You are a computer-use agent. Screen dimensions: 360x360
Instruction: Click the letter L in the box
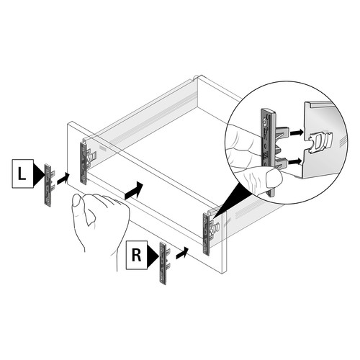[x=22, y=174]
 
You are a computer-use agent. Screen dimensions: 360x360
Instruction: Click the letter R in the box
[x=137, y=255]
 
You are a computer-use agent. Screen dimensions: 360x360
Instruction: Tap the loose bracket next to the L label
[x=49, y=185]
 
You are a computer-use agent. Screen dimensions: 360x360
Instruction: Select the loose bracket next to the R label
[x=164, y=264]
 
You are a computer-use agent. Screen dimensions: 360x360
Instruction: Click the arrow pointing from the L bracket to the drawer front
[x=63, y=179]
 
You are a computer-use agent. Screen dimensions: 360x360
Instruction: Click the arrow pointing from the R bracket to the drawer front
[x=182, y=253]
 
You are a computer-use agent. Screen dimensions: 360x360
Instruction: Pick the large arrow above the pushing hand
[x=134, y=191]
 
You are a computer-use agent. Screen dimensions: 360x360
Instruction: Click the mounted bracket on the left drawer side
[x=86, y=163]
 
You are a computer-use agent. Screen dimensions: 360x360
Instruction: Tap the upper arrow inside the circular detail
[x=296, y=132]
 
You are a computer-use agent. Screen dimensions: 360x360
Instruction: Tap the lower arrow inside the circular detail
[x=294, y=162]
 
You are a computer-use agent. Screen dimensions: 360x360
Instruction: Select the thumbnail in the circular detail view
[x=274, y=179]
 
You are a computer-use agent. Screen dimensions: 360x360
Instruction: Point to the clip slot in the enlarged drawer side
[x=318, y=143]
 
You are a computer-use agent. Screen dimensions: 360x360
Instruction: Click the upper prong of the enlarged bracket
[x=282, y=132]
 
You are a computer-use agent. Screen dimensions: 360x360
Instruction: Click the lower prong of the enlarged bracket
[x=282, y=162]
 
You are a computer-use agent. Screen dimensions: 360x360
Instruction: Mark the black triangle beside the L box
[x=39, y=174]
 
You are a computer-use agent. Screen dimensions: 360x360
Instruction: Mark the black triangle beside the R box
[x=153, y=257]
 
